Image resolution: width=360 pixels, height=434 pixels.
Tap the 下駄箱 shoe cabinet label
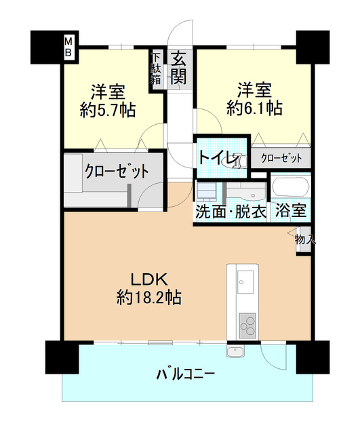click(156, 68)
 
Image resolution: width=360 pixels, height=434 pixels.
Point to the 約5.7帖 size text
click(108, 111)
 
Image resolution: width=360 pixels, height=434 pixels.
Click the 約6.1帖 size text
click(255, 107)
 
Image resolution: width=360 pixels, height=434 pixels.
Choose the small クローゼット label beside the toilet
click(281, 158)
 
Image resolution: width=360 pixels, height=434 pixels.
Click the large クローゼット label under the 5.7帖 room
click(116, 171)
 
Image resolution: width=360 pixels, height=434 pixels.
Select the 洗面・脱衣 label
click(231, 211)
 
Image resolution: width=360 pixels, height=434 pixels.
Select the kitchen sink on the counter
click(245, 279)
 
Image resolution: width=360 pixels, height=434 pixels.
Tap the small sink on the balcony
click(235, 352)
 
